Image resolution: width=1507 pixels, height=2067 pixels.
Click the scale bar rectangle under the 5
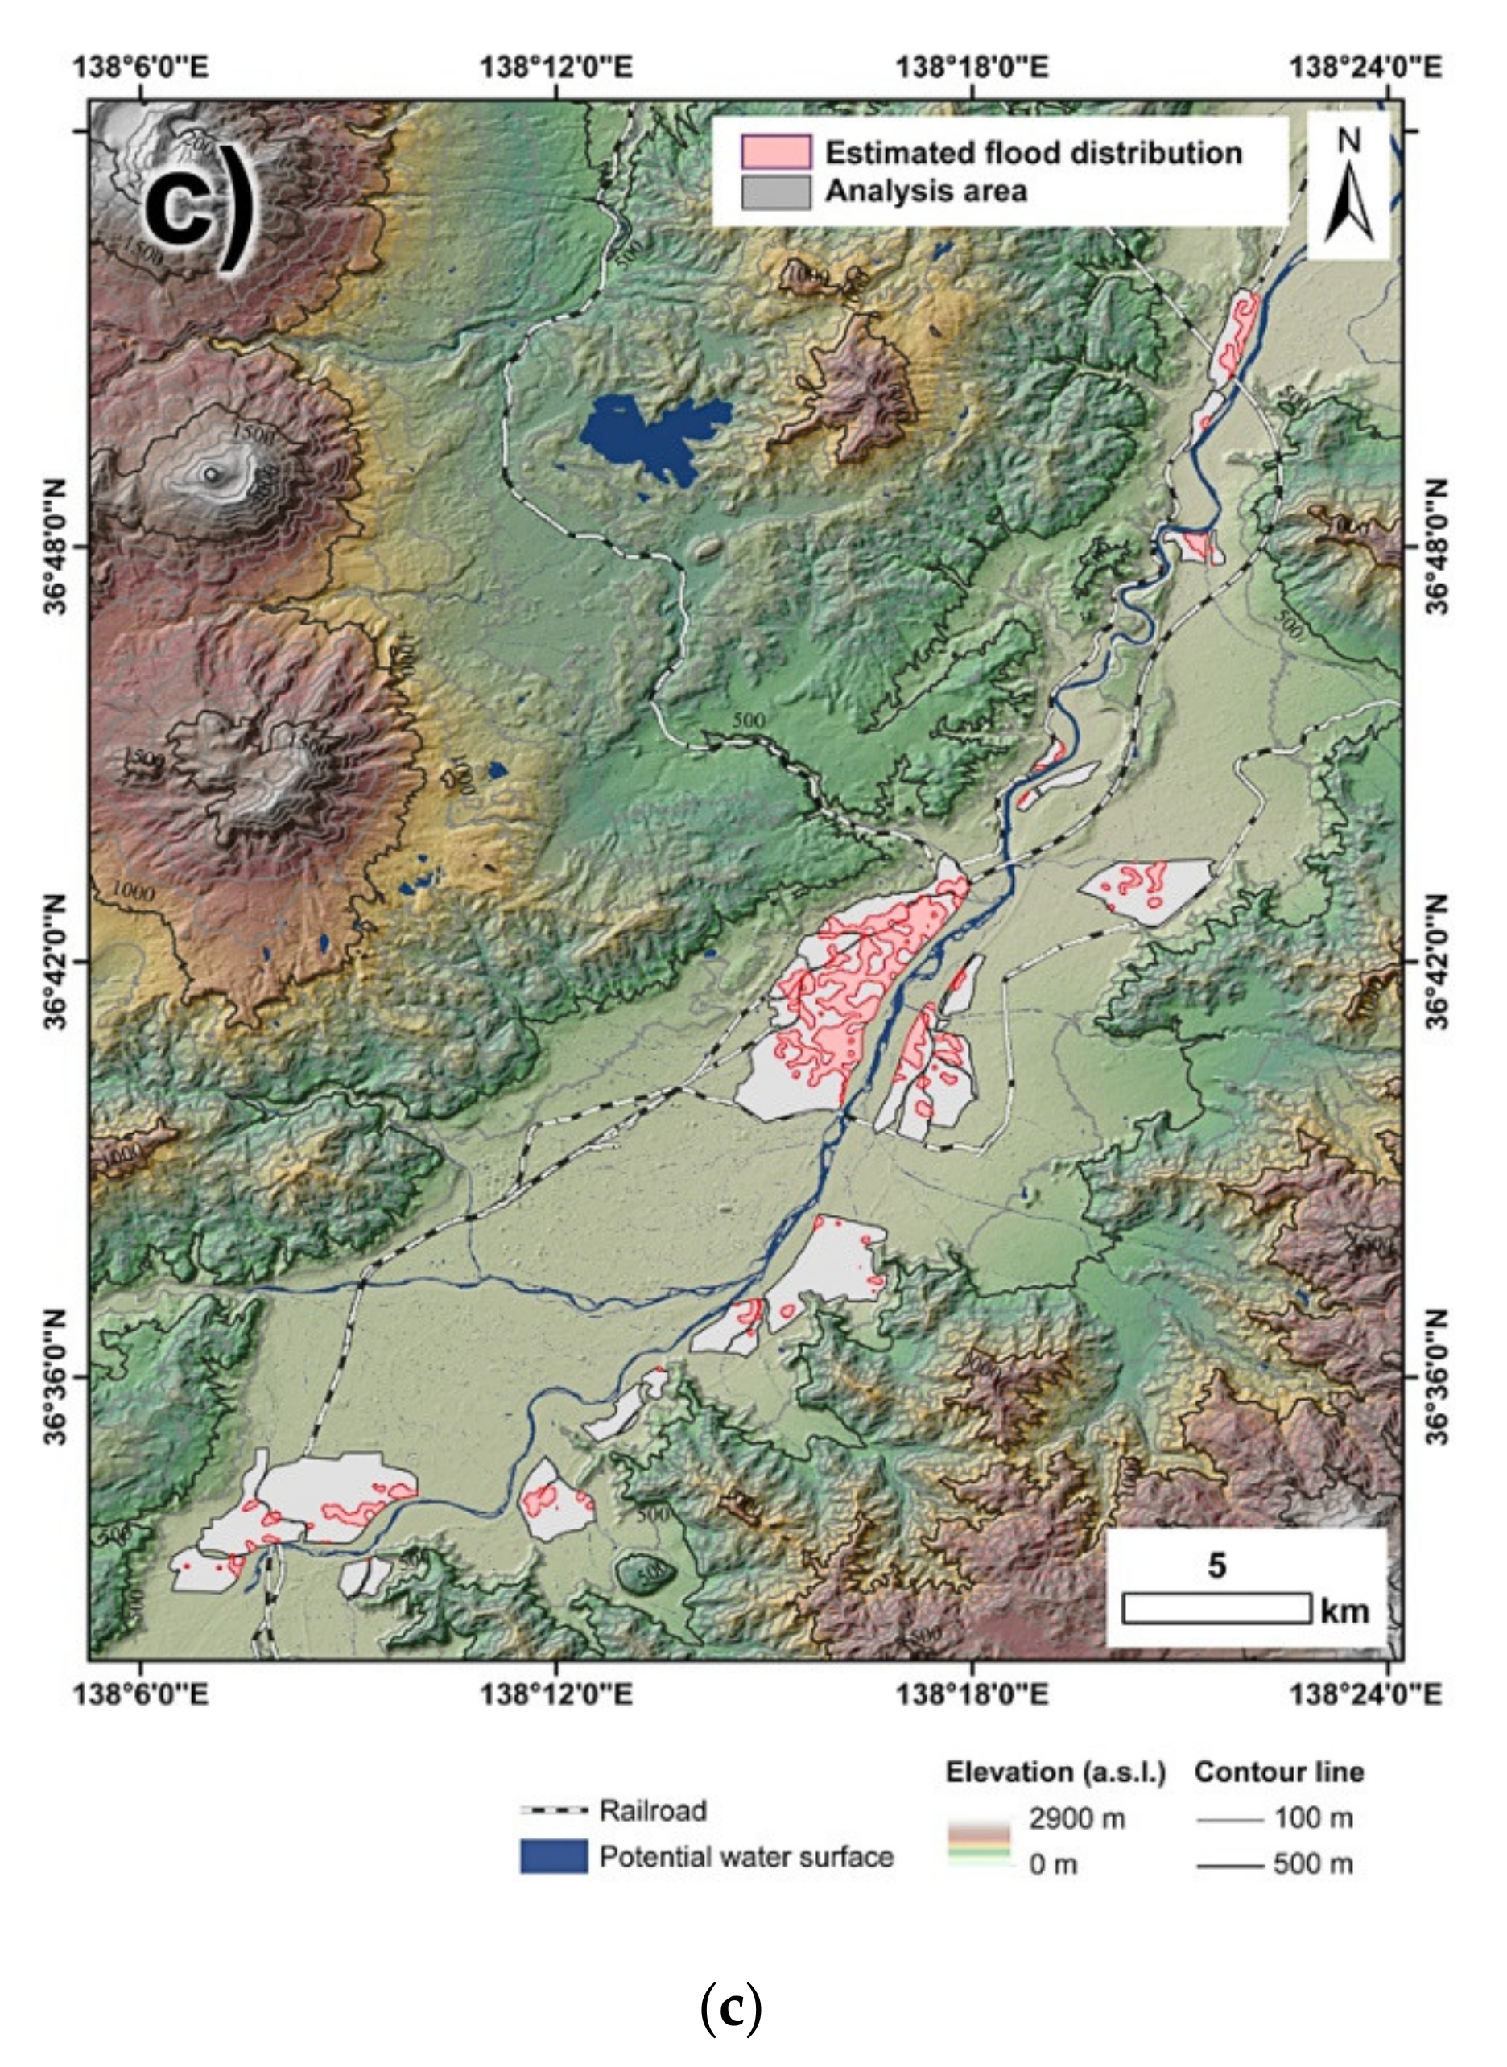[1216, 1608]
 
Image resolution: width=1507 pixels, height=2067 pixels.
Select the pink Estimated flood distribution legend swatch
[775, 152]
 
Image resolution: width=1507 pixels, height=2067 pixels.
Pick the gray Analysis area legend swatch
[775, 192]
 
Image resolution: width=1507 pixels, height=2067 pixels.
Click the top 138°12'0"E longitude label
[555, 68]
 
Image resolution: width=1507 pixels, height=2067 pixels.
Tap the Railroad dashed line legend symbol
[554, 1809]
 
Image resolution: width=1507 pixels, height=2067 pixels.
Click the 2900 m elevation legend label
[1076, 1819]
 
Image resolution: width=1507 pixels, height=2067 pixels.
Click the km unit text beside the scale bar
[1344, 1611]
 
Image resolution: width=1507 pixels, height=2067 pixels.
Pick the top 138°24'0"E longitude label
[1365, 68]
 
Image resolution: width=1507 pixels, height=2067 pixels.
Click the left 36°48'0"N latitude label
[56, 547]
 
